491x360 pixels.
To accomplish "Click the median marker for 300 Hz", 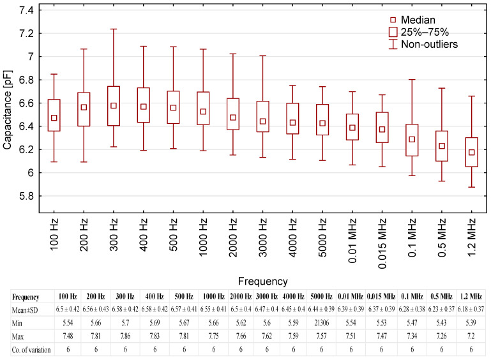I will [x=113, y=105].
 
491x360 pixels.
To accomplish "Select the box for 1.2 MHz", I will [x=472, y=152].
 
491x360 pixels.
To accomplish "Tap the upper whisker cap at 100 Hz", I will [x=54, y=74].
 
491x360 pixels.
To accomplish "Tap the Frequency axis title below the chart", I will [x=262, y=281].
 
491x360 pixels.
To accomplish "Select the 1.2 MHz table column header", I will [x=472, y=297].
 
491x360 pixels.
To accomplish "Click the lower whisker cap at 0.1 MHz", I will [x=412, y=176].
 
